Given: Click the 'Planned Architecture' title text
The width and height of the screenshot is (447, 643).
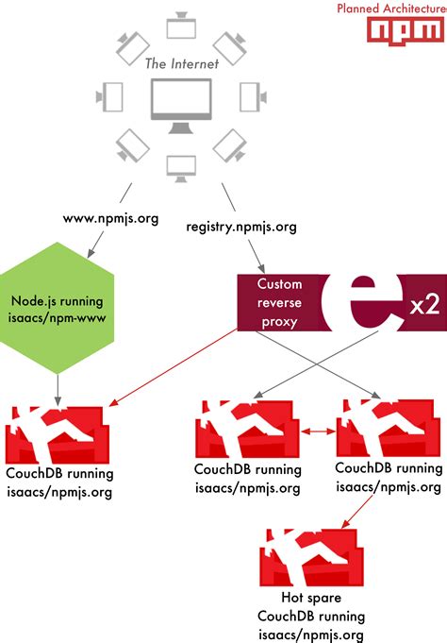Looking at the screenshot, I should [391, 8].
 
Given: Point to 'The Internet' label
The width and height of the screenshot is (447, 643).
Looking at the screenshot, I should [181, 63].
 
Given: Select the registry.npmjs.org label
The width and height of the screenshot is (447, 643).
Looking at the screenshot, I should [241, 228].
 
